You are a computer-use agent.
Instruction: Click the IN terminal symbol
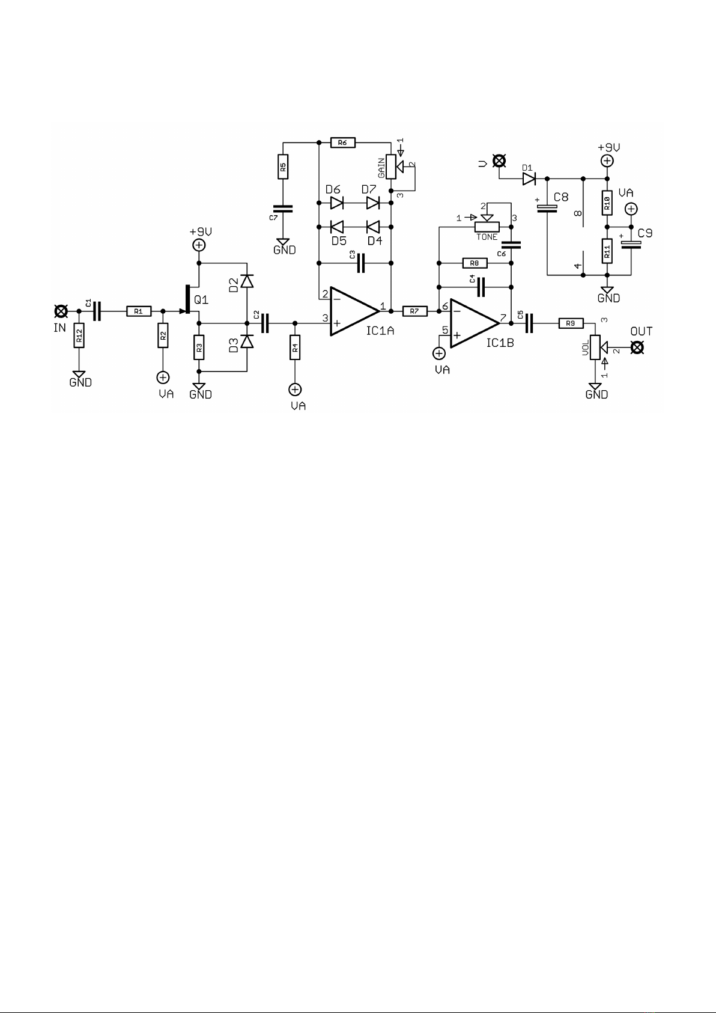(x=61, y=311)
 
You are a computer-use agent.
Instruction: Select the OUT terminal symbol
(x=637, y=347)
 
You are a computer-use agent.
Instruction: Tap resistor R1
(x=139, y=311)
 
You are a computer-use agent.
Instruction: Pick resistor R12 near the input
(x=79, y=335)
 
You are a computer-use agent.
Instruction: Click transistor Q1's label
(x=201, y=300)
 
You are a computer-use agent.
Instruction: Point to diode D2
(x=247, y=281)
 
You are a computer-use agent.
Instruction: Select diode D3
(x=247, y=341)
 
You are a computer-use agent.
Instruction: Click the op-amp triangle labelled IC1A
(x=354, y=311)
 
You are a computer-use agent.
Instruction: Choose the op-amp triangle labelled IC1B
(x=475, y=323)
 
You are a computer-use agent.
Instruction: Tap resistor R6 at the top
(x=343, y=143)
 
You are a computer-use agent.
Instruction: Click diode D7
(x=372, y=203)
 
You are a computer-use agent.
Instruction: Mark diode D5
(x=337, y=227)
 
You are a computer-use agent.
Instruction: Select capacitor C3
(x=360, y=263)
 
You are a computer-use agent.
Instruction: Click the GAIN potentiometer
(x=391, y=167)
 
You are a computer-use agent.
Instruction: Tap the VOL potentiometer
(x=595, y=347)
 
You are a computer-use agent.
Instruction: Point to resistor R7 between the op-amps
(x=414, y=311)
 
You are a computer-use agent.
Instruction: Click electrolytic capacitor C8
(x=547, y=208)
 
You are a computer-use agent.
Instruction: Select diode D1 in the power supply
(x=529, y=179)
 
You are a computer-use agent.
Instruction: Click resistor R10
(x=607, y=203)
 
